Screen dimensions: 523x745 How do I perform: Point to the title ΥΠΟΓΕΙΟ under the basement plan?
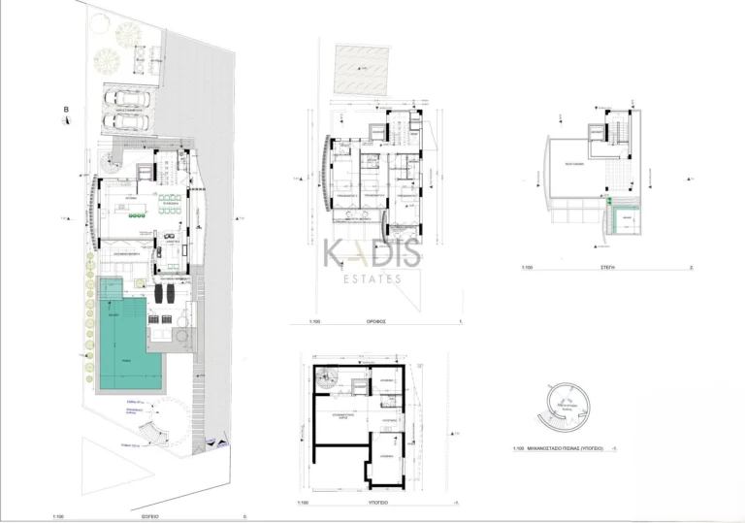(x=377, y=504)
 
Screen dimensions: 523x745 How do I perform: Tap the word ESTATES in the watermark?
(x=372, y=278)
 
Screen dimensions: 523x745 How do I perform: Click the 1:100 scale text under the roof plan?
(x=527, y=266)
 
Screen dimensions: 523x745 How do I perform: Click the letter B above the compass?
(x=65, y=110)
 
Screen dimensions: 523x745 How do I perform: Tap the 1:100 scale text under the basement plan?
(x=305, y=504)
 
